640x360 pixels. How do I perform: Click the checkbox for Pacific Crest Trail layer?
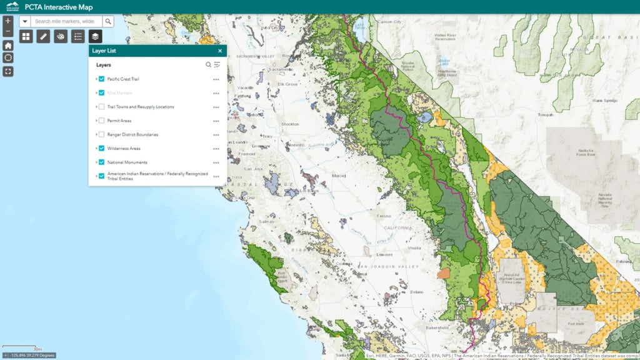(x=101, y=79)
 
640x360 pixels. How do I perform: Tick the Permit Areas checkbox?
(x=101, y=121)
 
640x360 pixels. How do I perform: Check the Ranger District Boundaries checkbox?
(x=101, y=134)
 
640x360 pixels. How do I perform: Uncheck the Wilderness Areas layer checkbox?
(x=101, y=148)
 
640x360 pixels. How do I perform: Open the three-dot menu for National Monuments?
(x=216, y=162)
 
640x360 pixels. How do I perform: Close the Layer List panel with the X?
(x=220, y=51)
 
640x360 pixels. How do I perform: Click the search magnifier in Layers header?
(x=209, y=64)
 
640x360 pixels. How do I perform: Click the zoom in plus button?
(x=7, y=20)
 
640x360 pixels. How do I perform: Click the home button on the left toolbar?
(x=7, y=46)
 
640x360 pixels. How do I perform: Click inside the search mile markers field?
(x=64, y=21)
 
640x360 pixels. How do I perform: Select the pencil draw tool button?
(x=43, y=37)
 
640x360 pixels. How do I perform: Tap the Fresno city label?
(x=383, y=216)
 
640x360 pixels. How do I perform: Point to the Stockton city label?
(x=291, y=124)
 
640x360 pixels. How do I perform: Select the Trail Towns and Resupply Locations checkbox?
(x=101, y=107)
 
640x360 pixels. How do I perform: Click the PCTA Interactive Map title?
(x=59, y=7)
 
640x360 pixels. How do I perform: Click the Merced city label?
(x=339, y=176)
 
